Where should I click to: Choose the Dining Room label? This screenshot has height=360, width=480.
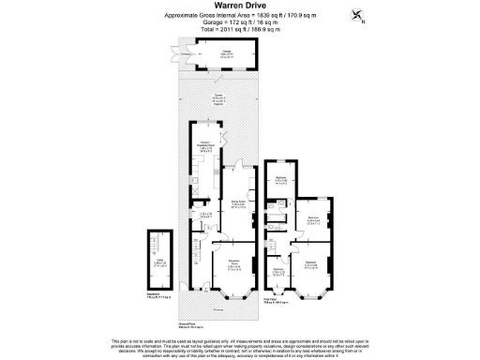239,203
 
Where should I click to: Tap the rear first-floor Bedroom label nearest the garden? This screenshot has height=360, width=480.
279,182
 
